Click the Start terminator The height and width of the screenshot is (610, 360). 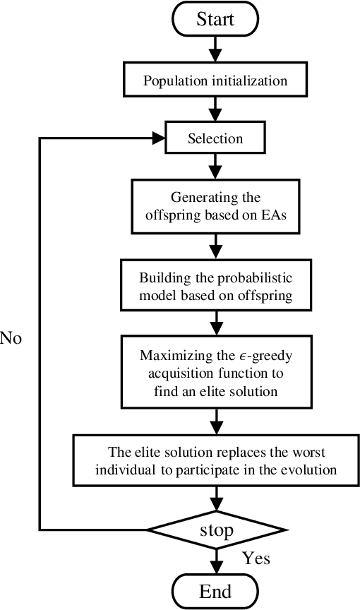click(216, 20)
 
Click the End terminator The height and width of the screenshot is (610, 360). click(216, 590)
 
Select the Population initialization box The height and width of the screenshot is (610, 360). click(216, 80)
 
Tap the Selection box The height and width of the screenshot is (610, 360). click(216, 138)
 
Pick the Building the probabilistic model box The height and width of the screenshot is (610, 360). click(216, 286)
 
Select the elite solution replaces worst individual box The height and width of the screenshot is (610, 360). click(216, 460)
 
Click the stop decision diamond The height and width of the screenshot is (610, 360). click(216, 529)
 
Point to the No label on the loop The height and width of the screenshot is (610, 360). click(11, 338)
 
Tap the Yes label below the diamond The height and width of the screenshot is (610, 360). click(256, 558)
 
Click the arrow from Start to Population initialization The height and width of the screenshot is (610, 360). click(216, 49)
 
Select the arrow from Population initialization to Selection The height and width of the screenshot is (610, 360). click(216, 109)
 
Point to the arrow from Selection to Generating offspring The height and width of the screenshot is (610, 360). click(216, 167)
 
